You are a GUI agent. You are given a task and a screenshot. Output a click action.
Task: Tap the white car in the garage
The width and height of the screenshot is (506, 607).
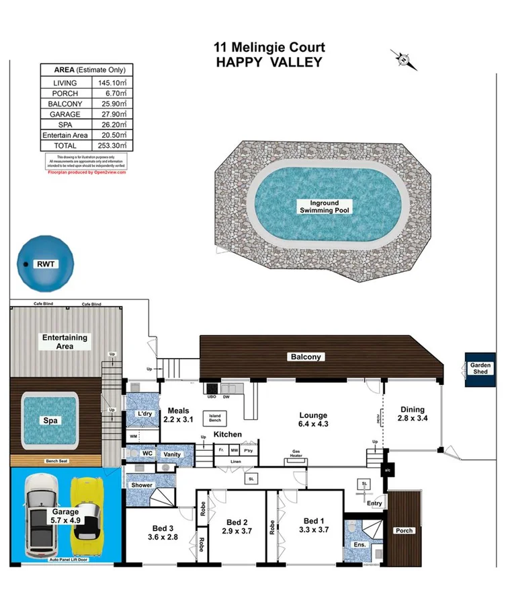tap(40, 515)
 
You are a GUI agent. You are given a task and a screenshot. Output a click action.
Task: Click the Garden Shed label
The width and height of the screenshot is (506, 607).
tap(481, 369)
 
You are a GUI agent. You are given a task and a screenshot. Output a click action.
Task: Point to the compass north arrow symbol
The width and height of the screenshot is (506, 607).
tap(403, 59)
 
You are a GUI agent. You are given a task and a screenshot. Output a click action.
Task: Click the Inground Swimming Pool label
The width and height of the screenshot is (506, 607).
tap(324, 207)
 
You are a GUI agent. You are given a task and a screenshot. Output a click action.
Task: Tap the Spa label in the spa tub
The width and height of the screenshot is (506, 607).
tap(50, 421)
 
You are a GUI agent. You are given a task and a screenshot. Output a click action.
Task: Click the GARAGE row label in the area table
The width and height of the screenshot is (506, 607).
tap(65, 114)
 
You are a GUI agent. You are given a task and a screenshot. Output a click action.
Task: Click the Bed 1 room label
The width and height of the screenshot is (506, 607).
tap(313, 521)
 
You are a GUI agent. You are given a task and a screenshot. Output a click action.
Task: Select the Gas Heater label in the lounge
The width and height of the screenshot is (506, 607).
tap(296, 453)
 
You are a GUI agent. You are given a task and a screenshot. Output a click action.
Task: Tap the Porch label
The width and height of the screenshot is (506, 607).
tap(405, 530)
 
